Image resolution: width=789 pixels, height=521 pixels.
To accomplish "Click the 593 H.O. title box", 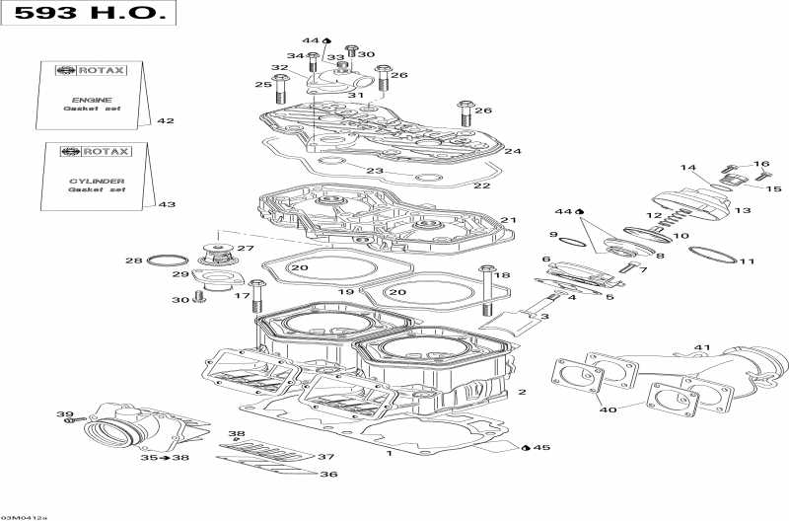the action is click(x=88, y=13).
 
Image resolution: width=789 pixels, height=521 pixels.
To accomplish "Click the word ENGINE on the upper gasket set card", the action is click(x=92, y=100).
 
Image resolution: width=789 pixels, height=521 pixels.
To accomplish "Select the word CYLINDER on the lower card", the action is click(x=97, y=181).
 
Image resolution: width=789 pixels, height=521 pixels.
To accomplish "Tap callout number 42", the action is click(x=166, y=120).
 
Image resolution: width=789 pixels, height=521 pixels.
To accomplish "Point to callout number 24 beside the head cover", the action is click(x=513, y=151).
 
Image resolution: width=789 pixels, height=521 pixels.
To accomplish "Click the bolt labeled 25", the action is click(x=280, y=89).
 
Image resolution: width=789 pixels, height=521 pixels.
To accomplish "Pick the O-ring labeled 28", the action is click(x=168, y=260).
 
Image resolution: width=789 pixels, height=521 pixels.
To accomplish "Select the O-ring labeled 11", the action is click(x=712, y=254).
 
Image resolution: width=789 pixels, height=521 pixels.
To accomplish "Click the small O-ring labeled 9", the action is click(x=572, y=241).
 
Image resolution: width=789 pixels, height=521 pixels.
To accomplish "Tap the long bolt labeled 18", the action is click(x=486, y=290).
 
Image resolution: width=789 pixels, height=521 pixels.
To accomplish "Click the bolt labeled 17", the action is click(x=257, y=296).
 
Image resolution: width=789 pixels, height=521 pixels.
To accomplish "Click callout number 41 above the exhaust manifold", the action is click(x=702, y=347).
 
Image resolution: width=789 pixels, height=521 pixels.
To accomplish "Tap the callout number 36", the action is click(x=328, y=475).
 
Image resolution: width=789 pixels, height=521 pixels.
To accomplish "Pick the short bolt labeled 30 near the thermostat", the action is click(x=200, y=297).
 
